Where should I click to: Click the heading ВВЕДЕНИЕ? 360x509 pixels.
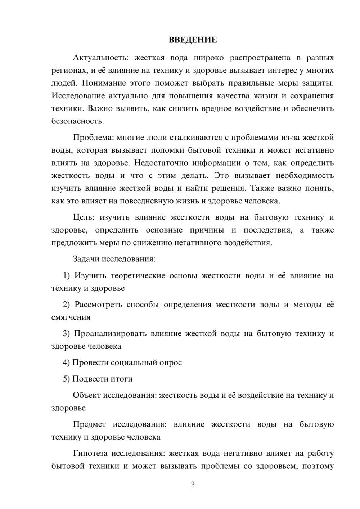[x=193, y=40]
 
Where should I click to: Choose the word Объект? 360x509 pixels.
[x=86, y=395]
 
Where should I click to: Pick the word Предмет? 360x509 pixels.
[x=89, y=424]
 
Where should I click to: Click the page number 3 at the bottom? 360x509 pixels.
[x=193, y=485]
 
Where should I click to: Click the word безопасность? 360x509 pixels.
[x=77, y=121]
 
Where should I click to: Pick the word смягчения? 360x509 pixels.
[x=71, y=317]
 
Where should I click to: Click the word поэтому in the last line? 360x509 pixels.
[x=318, y=466]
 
